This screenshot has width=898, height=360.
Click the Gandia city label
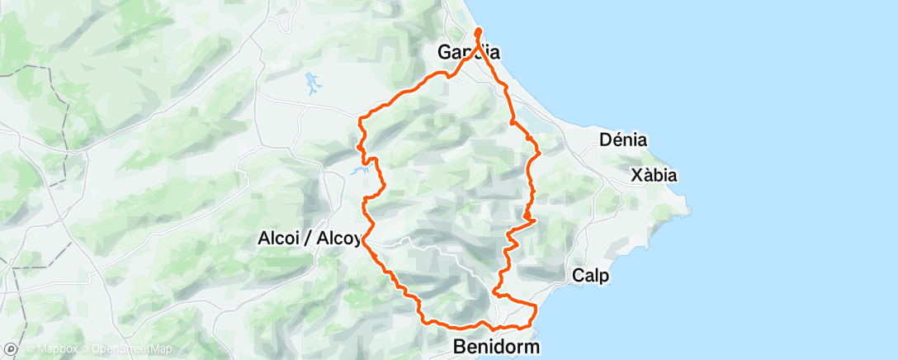468,53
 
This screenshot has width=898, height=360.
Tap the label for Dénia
623,140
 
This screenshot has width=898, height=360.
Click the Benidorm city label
496,348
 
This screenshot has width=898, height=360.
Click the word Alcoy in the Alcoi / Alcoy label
338,239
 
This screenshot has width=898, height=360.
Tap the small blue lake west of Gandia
313,82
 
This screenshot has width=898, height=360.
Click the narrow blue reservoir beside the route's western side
360,172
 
